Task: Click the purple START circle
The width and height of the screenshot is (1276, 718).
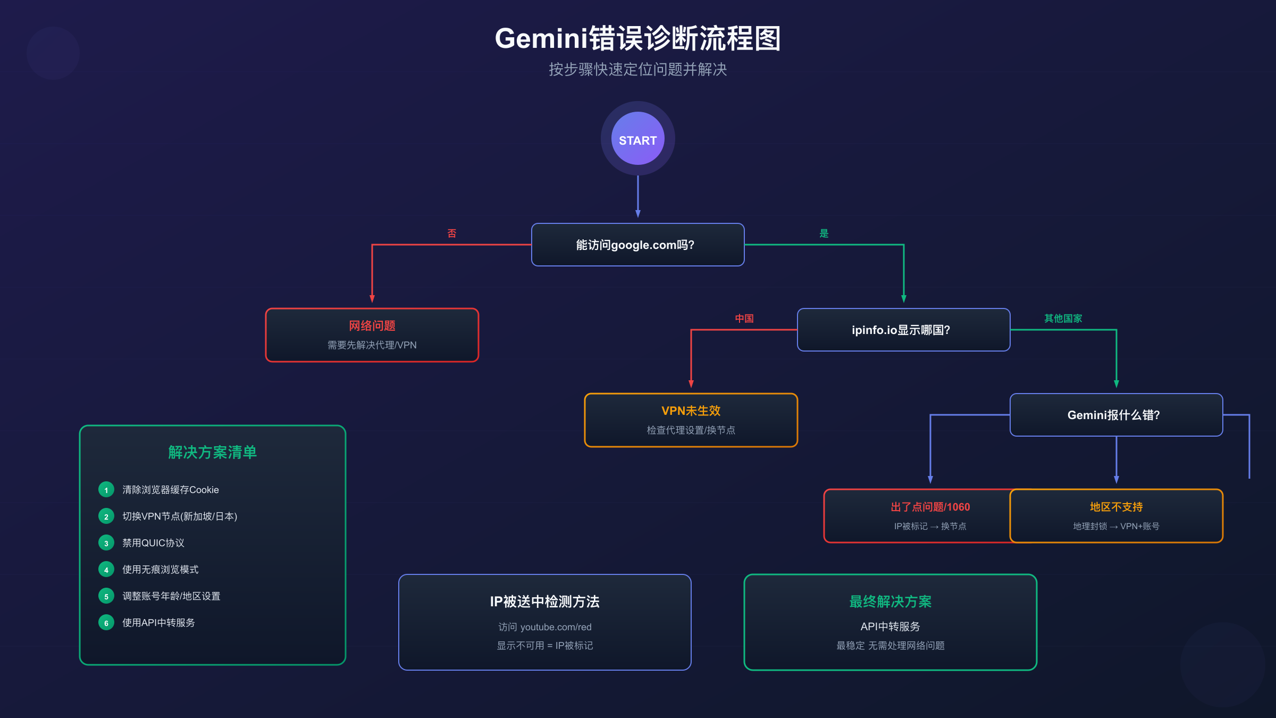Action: [637, 139]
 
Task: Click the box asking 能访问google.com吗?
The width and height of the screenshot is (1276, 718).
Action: [637, 245]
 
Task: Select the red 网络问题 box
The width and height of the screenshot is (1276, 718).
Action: [372, 335]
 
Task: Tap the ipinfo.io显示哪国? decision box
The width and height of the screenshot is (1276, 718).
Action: [903, 330]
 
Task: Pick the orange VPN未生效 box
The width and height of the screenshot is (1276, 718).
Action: [691, 420]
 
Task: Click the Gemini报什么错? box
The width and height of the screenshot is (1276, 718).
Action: [1116, 415]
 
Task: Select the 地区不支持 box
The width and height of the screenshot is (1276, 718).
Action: [1116, 516]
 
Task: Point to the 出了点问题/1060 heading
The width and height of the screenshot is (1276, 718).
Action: [930, 507]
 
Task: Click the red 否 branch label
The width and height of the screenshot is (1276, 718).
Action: [452, 233]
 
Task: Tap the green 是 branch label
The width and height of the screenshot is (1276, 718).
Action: [824, 233]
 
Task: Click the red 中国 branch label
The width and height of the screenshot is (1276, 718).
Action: [744, 319]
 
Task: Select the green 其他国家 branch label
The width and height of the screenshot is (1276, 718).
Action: [1063, 319]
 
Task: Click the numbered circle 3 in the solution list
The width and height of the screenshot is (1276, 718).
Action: [106, 543]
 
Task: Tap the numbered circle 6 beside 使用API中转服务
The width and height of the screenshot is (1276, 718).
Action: [106, 623]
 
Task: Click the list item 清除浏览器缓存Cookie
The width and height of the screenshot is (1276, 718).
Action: [171, 490]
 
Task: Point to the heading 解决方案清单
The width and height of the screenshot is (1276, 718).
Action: [212, 452]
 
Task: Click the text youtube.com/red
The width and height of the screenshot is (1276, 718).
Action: [556, 627]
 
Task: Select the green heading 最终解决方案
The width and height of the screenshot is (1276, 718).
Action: [890, 602]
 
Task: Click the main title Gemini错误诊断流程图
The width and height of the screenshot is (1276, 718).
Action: [637, 39]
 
